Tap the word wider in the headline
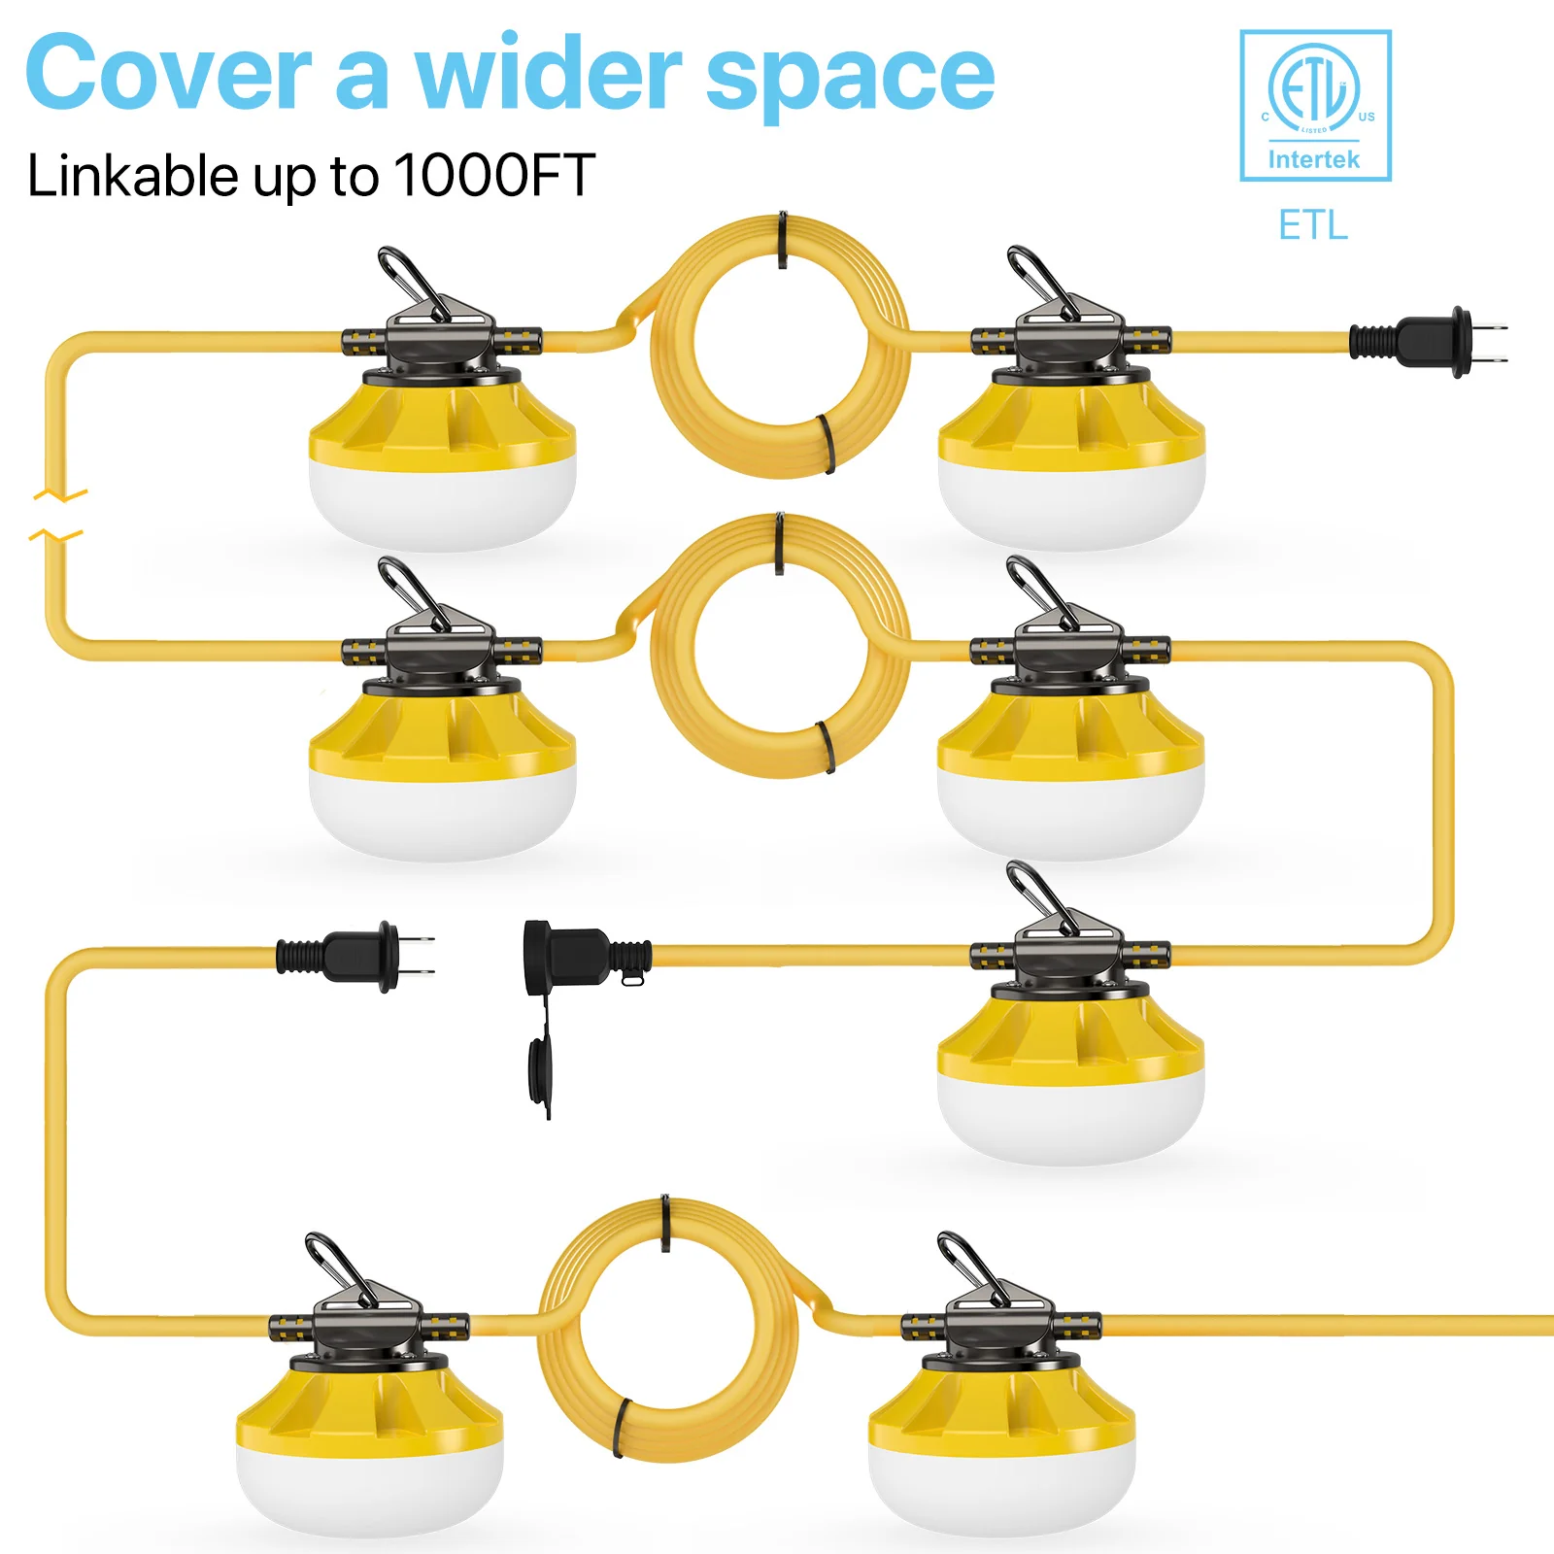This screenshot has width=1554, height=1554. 549,74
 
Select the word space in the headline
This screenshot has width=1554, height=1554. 850,78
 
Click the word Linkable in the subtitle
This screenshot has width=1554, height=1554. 132,176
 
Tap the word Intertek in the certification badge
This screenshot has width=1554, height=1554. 1314,159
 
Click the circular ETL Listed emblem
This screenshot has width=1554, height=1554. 1314,88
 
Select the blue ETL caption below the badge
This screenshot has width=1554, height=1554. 1313,225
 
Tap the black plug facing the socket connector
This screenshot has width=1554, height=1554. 355,956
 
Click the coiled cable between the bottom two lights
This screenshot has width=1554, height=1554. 667,1330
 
